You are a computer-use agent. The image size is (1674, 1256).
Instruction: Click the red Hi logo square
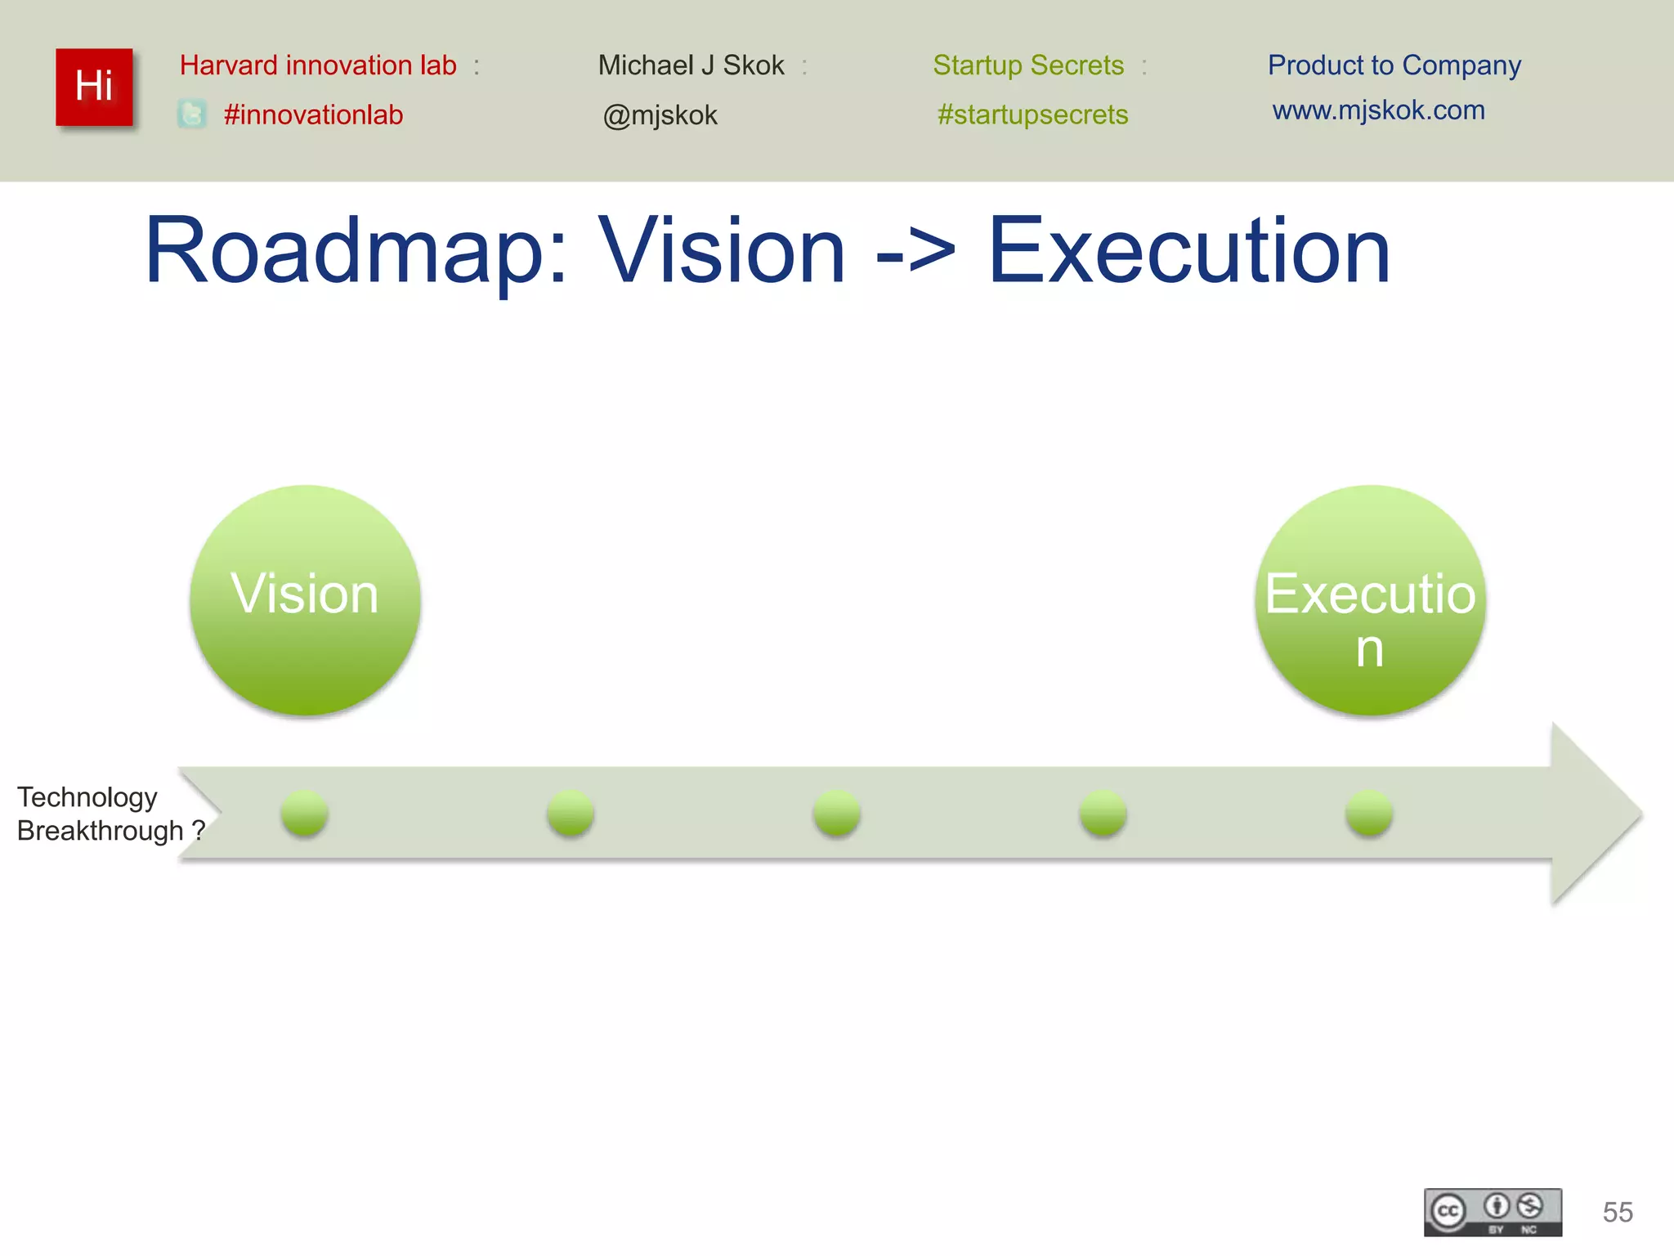click(94, 87)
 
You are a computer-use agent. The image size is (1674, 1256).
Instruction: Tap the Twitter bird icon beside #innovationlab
click(192, 114)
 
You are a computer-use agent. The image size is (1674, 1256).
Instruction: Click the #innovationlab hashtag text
click(313, 114)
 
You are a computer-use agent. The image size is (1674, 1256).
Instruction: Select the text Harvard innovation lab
click(318, 65)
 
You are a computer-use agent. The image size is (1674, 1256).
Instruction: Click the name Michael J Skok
click(691, 65)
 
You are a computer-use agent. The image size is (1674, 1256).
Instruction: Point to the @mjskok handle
click(660, 115)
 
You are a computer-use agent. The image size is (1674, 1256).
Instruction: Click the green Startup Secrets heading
click(1028, 65)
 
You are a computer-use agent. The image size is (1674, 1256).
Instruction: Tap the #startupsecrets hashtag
click(1032, 114)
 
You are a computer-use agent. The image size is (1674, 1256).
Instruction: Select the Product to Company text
click(1394, 65)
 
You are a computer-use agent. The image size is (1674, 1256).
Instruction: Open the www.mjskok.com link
click(1378, 110)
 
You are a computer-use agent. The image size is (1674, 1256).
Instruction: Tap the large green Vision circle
click(305, 599)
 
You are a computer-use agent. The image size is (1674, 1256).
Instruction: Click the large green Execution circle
click(1370, 599)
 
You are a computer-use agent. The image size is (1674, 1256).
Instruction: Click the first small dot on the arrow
click(304, 813)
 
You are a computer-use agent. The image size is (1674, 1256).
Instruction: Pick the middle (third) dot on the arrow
click(836, 813)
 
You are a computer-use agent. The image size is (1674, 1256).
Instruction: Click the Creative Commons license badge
click(1493, 1212)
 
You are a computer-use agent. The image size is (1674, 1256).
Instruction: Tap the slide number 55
click(1617, 1212)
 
